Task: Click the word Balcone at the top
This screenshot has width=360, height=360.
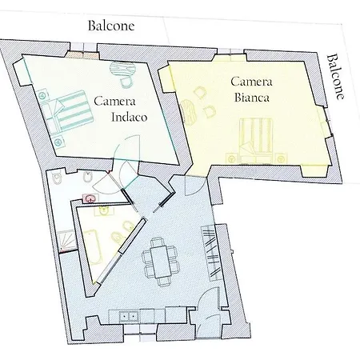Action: tap(110, 25)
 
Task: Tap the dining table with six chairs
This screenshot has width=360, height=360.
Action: tap(158, 261)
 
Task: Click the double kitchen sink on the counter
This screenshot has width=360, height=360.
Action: tap(130, 317)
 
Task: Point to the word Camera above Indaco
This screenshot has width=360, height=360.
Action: tap(114, 101)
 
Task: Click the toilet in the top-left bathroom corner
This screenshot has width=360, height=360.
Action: tap(60, 181)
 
